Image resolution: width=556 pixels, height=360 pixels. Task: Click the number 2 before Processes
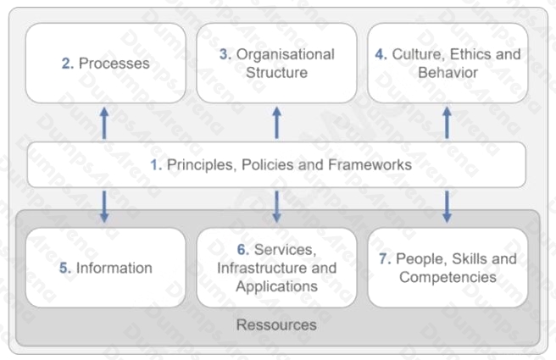[x=67, y=64]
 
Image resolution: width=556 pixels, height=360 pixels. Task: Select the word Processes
[x=114, y=64]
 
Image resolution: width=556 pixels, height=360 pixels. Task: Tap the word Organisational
[x=286, y=54]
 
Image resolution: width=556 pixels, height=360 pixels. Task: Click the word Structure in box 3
[x=276, y=73]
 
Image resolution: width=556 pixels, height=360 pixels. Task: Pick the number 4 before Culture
[x=381, y=54]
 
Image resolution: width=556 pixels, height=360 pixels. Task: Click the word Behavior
[x=448, y=73]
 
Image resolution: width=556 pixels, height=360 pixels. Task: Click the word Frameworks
[x=370, y=165]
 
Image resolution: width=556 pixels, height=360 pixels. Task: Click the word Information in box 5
[x=114, y=268]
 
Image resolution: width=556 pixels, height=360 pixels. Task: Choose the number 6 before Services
[x=243, y=250]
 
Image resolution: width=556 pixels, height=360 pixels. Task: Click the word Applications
[x=277, y=286]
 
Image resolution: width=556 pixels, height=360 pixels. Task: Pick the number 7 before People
[x=385, y=258]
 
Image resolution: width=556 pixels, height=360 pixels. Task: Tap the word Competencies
[x=448, y=277]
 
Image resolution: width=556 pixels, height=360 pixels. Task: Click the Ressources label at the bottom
[x=276, y=325]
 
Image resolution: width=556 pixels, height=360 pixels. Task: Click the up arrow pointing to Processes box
[x=104, y=123]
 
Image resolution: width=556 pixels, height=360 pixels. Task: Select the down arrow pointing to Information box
[x=104, y=207]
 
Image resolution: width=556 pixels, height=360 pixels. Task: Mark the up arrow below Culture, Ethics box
[x=448, y=123]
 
